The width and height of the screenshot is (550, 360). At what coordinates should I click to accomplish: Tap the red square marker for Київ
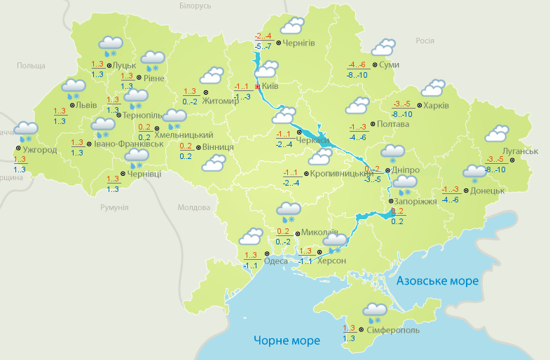pos(257,87)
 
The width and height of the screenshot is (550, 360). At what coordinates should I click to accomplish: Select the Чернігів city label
pos(299,43)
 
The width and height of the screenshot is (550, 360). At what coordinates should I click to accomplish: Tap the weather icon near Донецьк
pos(474,172)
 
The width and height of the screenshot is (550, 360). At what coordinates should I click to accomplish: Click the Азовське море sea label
pos(437,280)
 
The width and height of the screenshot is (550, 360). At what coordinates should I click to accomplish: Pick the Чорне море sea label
pos(287,340)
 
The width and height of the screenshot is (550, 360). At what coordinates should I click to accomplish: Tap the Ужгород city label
pos(39,149)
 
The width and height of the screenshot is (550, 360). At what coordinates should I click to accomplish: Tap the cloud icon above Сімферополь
pos(376,310)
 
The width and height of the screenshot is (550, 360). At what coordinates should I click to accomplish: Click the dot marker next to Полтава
pos(372,124)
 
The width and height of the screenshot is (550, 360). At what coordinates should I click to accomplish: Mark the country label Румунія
pos(114,207)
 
